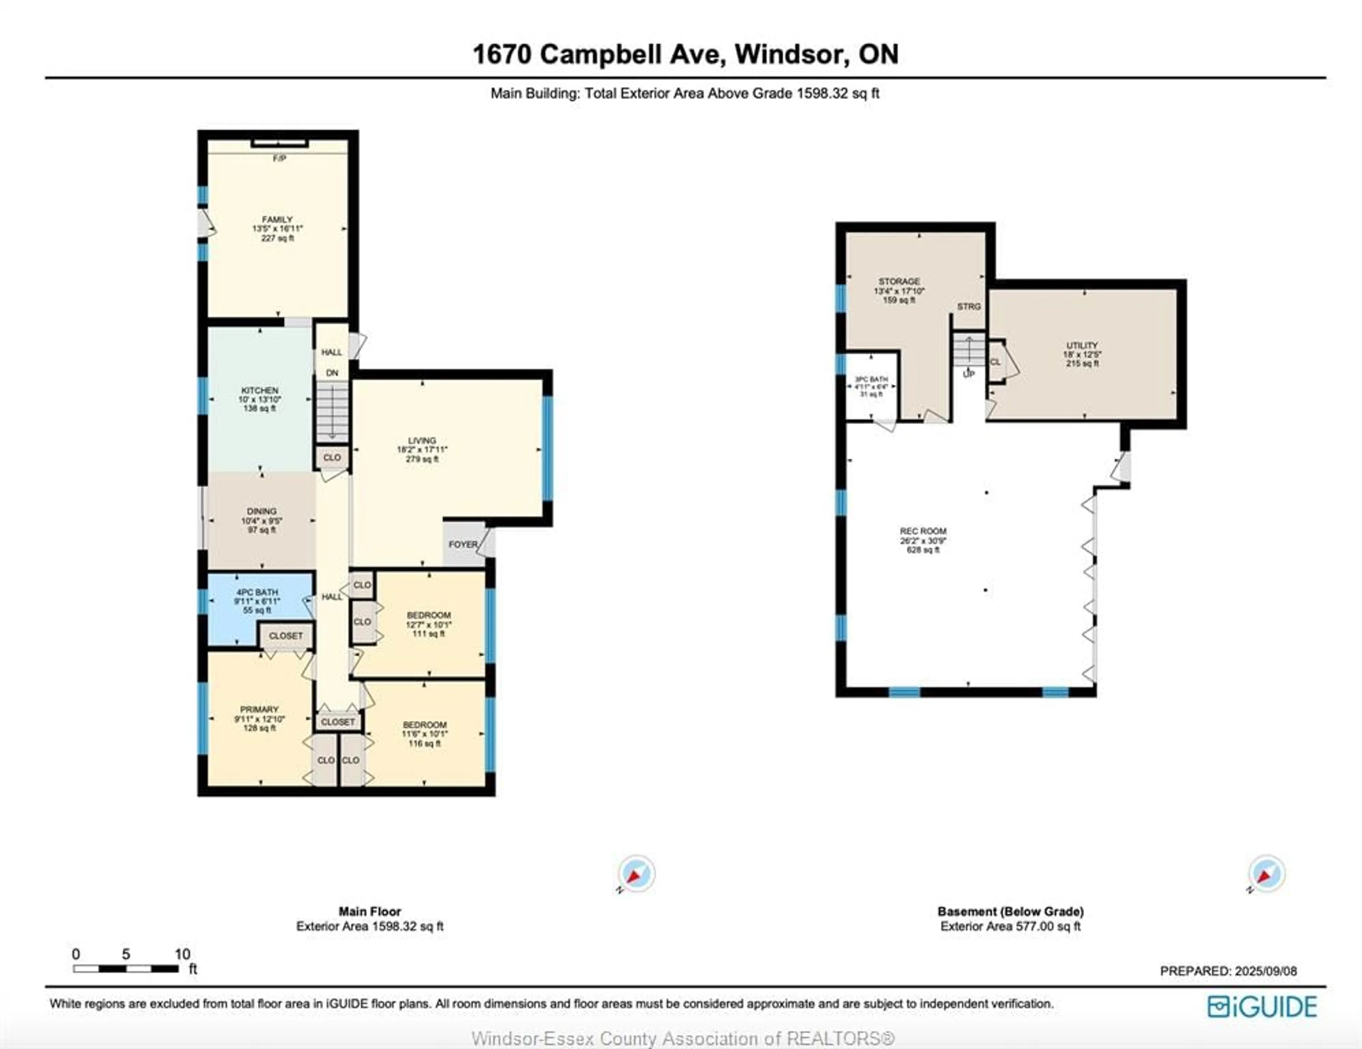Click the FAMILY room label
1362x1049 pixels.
(x=277, y=220)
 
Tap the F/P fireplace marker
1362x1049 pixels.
(x=279, y=159)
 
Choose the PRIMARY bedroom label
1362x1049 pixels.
(x=259, y=709)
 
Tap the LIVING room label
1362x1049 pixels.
(x=422, y=440)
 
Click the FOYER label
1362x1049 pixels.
(x=463, y=544)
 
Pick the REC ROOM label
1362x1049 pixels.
(x=923, y=531)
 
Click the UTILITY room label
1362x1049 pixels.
(x=1082, y=345)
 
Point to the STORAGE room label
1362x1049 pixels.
(x=899, y=281)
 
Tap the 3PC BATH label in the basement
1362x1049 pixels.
(x=871, y=379)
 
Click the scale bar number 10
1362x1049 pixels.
(x=182, y=954)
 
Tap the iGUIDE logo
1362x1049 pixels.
(x=1262, y=1006)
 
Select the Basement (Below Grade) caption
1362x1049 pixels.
(x=1010, y=911)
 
